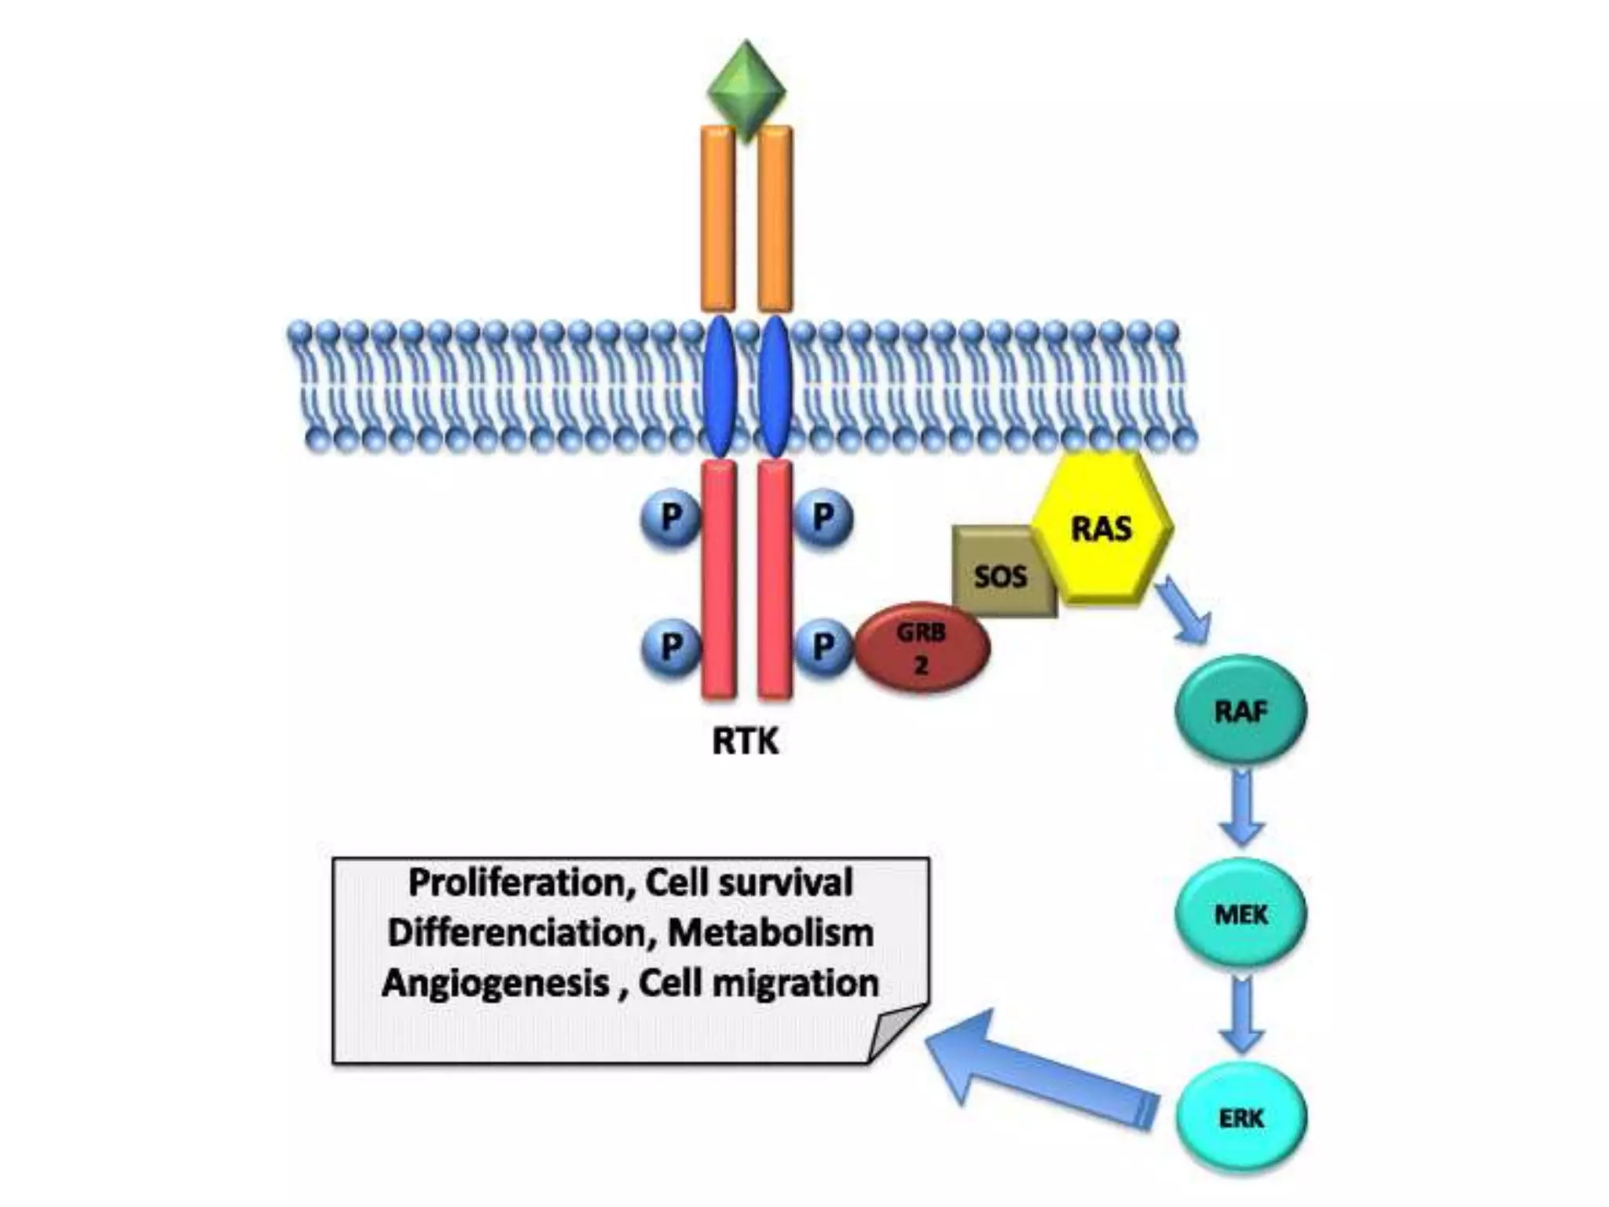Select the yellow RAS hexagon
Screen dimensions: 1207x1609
point(1102,529)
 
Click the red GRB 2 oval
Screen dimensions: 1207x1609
point(922,648)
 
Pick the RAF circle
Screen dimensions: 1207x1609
point(1241,710)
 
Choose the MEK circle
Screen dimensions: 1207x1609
point(1241,913)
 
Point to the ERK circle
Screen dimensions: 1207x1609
point(1241,1117)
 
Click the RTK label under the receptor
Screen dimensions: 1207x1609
point(745,741)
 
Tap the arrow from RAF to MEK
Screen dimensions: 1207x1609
point(1241,809)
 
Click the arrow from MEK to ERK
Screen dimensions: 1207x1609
point(1241,1014)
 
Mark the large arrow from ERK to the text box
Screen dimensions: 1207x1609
point(1037,1069)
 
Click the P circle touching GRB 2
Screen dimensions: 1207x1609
point(823,647)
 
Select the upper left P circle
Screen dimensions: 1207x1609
point(670,518)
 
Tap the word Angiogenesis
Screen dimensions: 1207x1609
point(496,983)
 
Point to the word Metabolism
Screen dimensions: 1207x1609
point(770,933)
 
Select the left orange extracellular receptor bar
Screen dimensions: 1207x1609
point(717,218)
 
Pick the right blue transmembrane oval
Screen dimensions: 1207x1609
point(775,385)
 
